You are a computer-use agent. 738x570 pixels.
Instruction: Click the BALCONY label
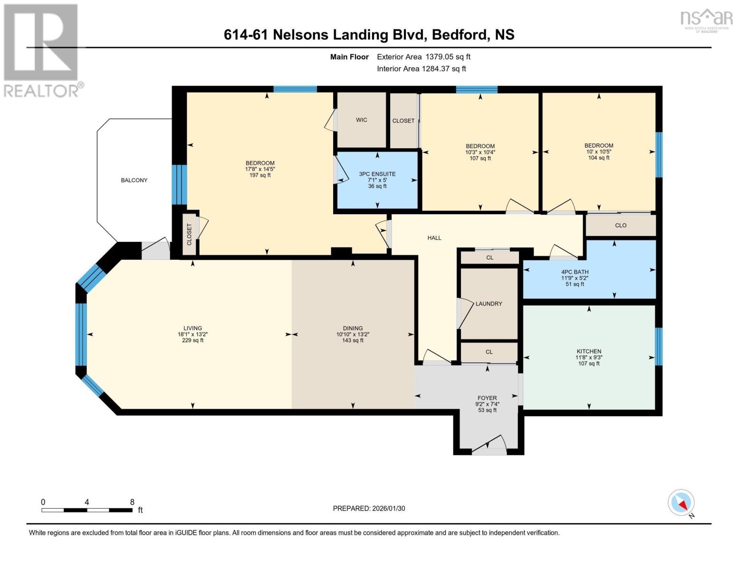pos(134,180)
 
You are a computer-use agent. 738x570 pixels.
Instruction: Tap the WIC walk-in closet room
pos(361,120)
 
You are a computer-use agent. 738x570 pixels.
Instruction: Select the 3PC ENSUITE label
pos(377,174)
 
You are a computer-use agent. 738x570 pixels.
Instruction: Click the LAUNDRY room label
pos(489,304)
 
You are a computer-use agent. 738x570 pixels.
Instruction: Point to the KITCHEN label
pos(589,351)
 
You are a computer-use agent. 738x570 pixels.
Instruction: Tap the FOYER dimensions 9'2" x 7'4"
pos(487,404)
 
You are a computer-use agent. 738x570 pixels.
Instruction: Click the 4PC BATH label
pos(575,272)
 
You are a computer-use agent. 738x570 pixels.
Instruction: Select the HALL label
pos(434,238)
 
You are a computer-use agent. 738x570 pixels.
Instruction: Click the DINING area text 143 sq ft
pos(353,341)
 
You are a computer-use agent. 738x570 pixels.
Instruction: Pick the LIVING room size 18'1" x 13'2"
pos(192,334)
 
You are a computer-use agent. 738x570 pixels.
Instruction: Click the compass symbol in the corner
pos(681,503)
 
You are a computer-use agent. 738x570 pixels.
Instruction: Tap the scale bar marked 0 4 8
pos(87,510)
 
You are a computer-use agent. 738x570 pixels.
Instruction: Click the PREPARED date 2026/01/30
pos(369,508)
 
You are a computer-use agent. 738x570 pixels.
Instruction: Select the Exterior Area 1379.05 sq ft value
pos(448,57)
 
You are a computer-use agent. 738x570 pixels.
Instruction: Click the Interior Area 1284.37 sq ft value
pos(444,69)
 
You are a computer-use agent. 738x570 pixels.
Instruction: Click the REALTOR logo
pos(42,50)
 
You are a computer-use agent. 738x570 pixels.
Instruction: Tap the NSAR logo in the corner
pos(706,19)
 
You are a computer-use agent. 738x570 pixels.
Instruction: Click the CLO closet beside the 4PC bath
pos(621,226)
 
